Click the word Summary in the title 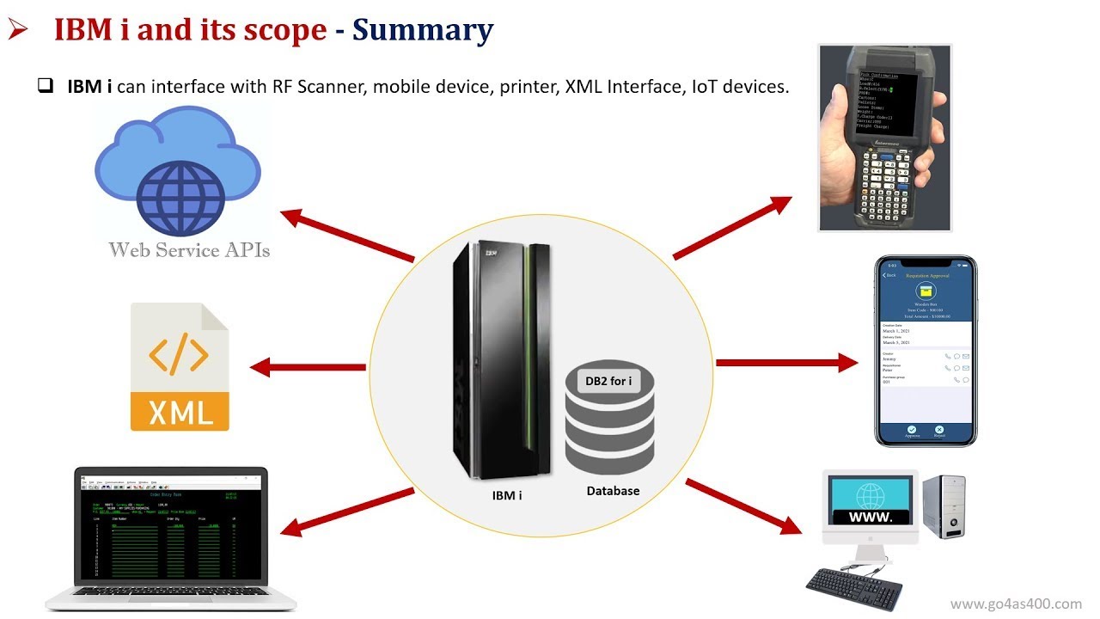point(423,30)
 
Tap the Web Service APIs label point(189,250)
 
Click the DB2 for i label point(608,381)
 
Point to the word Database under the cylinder point(613,491)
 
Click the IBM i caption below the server point(507,495)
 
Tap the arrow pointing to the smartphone point(786,363)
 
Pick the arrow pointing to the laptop point(348,512)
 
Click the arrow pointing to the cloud point(347,235)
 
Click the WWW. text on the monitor point(870,518)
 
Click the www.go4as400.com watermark point(1016,604)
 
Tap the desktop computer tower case point(943,508)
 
